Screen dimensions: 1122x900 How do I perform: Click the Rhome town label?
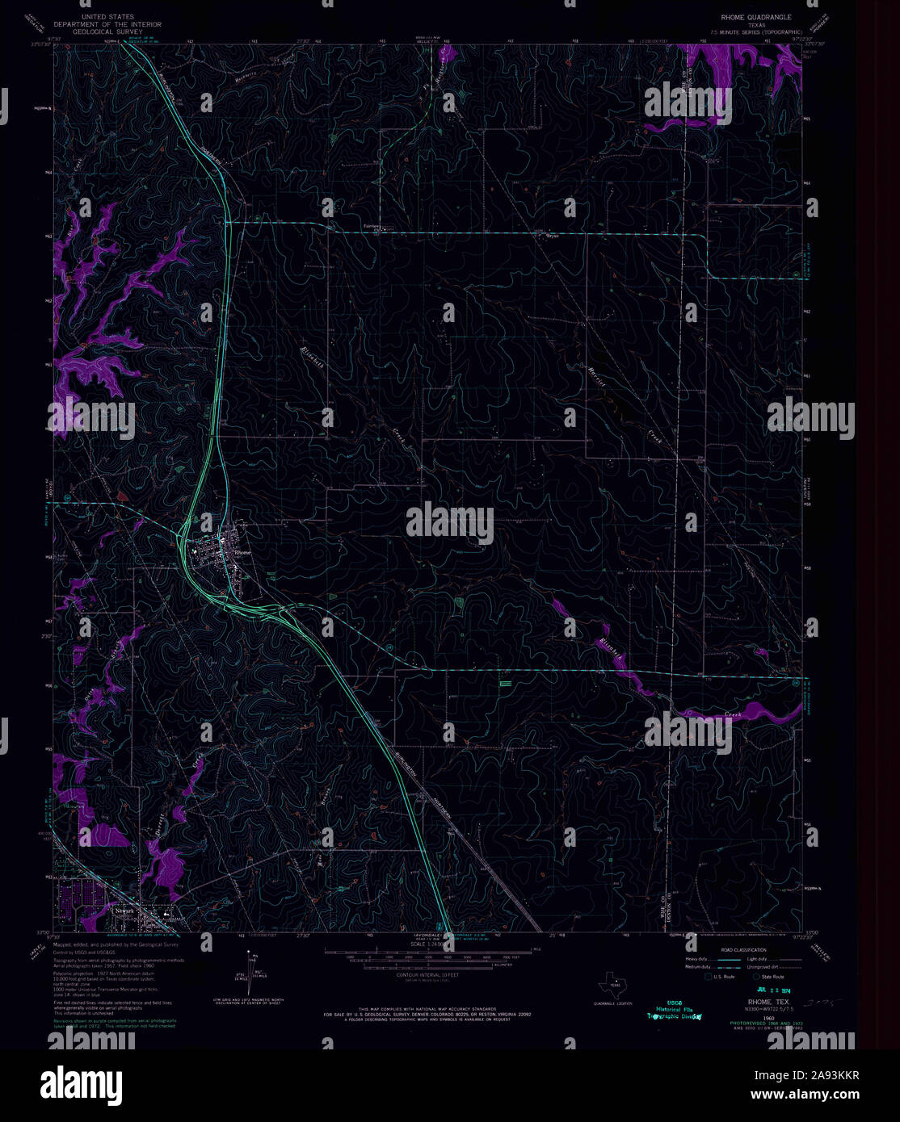[x=242, y=552]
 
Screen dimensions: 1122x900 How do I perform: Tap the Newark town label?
[x=124, y=911]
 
